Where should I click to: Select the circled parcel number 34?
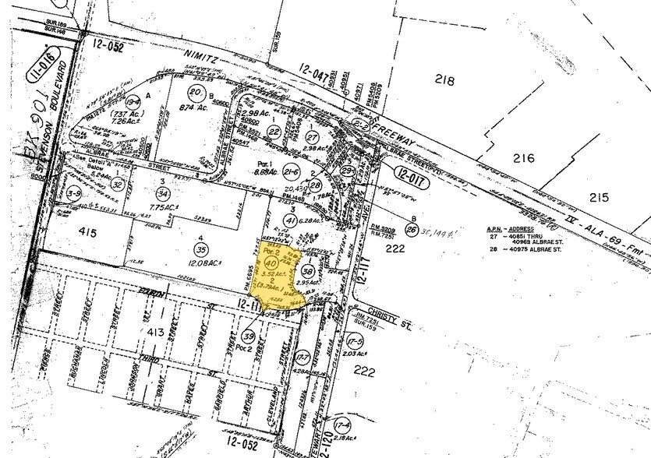coord(163,192)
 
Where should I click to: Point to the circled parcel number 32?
coord(117,185)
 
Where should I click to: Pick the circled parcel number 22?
coord(274,132)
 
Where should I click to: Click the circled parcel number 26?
coord(412,230)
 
